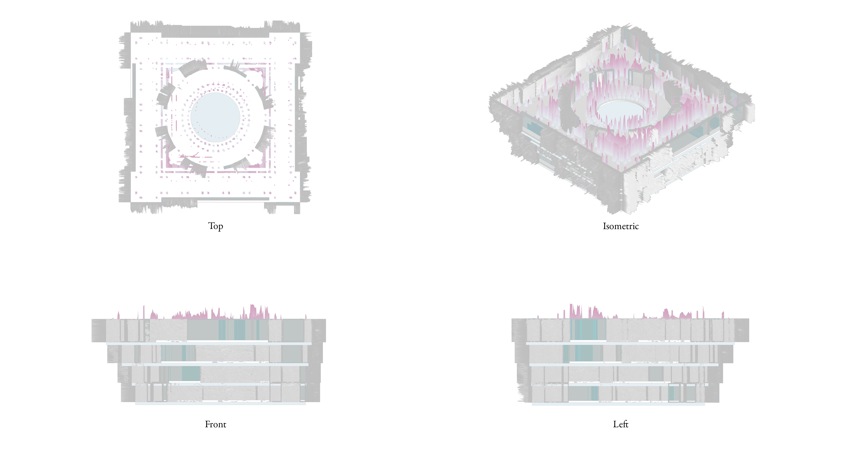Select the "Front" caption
pos(216,424)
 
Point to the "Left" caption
pos(621,424)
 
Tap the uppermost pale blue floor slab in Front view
pos(209,343)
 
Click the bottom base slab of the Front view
pos(221,403)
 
